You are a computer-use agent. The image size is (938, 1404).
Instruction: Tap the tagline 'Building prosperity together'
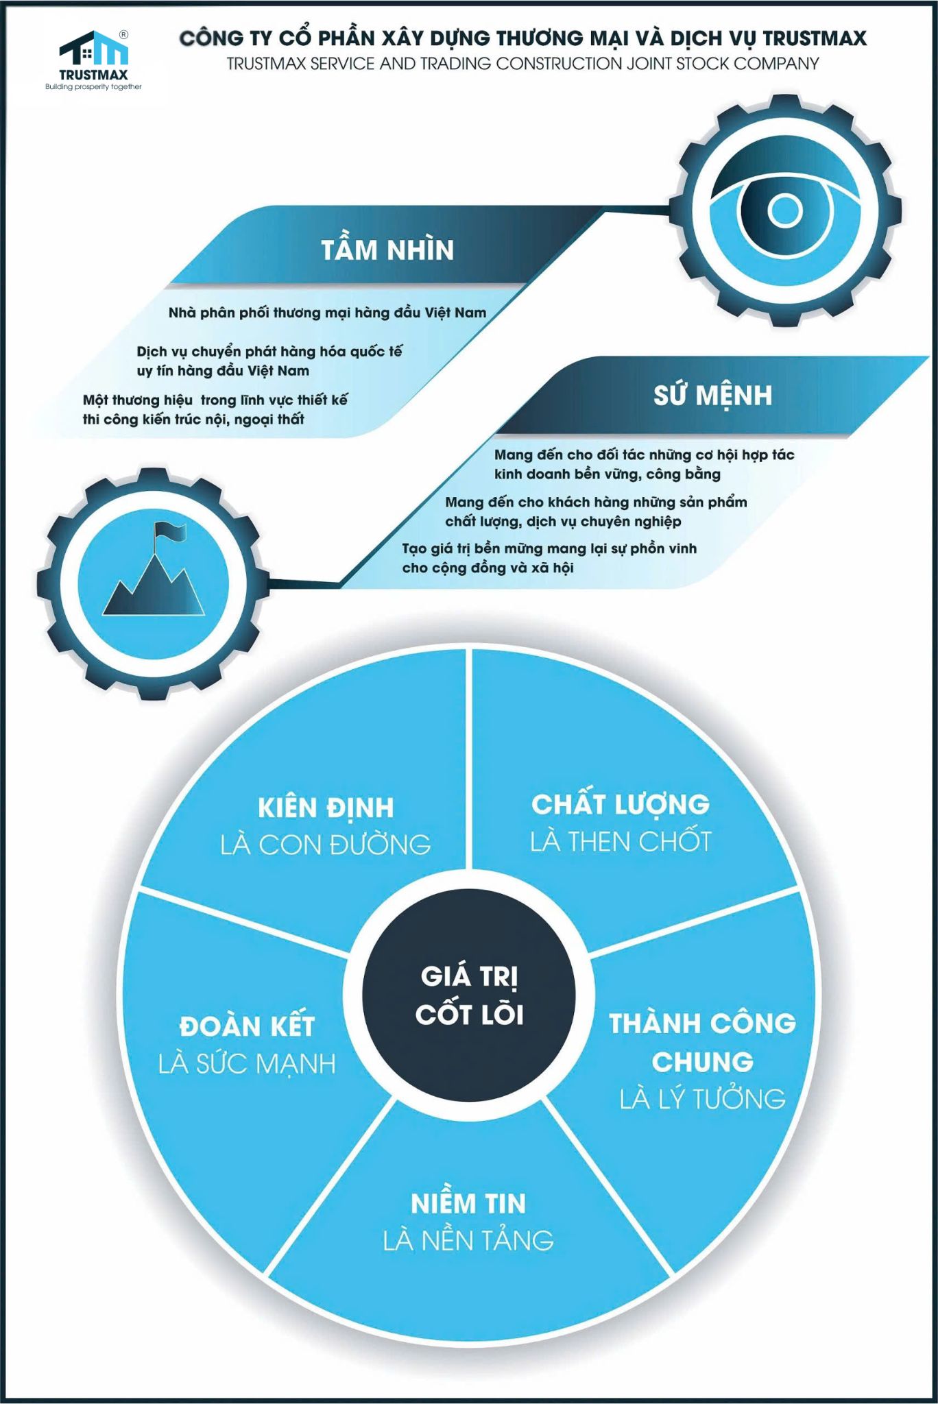[93, 87]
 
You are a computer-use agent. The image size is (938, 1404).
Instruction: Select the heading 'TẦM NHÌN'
[387, 250]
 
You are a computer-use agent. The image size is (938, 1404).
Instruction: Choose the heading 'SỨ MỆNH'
[712, 396]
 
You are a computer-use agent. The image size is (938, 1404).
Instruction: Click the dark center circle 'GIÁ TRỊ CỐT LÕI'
[469, 996]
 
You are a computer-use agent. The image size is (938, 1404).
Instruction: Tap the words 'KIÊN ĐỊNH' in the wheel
[326, 808]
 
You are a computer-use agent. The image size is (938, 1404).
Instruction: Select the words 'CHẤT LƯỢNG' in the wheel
[620, 805]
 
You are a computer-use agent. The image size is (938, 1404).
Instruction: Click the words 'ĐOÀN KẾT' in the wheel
[247, 1027]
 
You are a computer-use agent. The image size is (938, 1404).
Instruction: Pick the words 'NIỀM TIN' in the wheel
[468, 1204]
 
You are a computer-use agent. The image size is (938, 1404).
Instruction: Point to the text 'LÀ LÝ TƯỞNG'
[702, 1100]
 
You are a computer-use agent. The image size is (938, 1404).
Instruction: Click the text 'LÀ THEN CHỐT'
[620, 842]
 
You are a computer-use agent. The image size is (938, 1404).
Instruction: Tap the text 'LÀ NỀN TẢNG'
[468, 1241]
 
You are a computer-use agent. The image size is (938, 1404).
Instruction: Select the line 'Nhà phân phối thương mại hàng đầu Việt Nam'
[327, 313]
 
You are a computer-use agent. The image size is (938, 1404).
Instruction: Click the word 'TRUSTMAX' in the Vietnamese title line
[815, 38]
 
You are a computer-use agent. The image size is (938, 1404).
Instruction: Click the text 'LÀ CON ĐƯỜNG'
[326, 845]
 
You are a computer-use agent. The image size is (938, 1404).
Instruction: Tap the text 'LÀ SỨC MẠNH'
[247, 1064]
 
